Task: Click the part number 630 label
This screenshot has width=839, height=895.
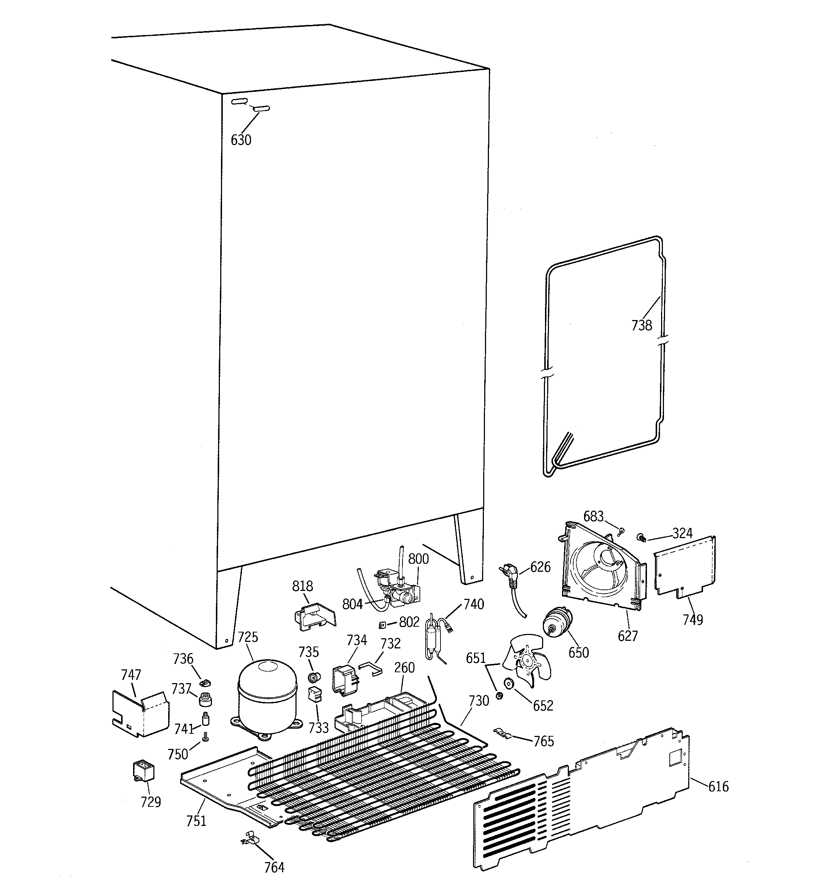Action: [x=240, y=140]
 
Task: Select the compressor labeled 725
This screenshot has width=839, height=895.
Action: [x=267, y=694]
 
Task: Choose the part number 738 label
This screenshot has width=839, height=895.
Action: [x=641, y=325]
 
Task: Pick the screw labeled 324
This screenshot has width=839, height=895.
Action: [x=640, y=537]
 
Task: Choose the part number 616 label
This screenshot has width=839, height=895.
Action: [x=718, y=787]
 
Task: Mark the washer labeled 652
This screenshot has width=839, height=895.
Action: [x=509, y=684]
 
